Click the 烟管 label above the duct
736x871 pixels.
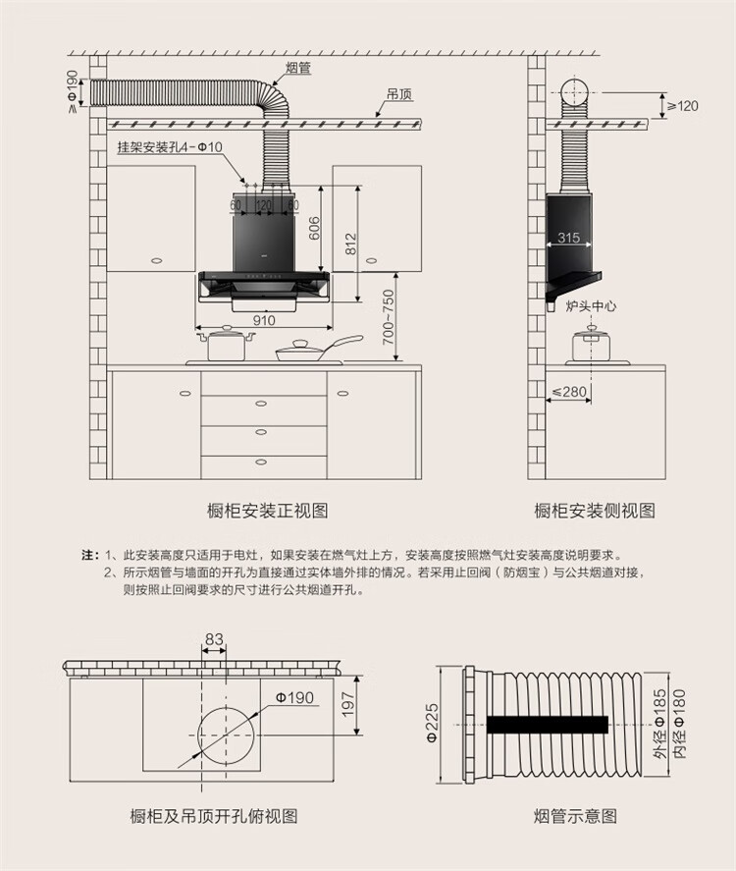[x=298, y=68]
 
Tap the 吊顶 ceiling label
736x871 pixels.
[x=398, y=95]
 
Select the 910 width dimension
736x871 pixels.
[x=264, y=319]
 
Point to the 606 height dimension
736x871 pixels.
[x=314, y=226]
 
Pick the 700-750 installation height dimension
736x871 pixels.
[x=389, y=316]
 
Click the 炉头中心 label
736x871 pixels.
[x=591, y=306]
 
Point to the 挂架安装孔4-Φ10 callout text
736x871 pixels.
[x=170, y=147]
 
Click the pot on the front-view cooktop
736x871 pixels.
[x=226, y=345]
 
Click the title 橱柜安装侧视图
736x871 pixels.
[x=594, y=511]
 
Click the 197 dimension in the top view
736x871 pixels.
[x=346, y=704]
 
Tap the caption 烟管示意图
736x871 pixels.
[x=575, y=816]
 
